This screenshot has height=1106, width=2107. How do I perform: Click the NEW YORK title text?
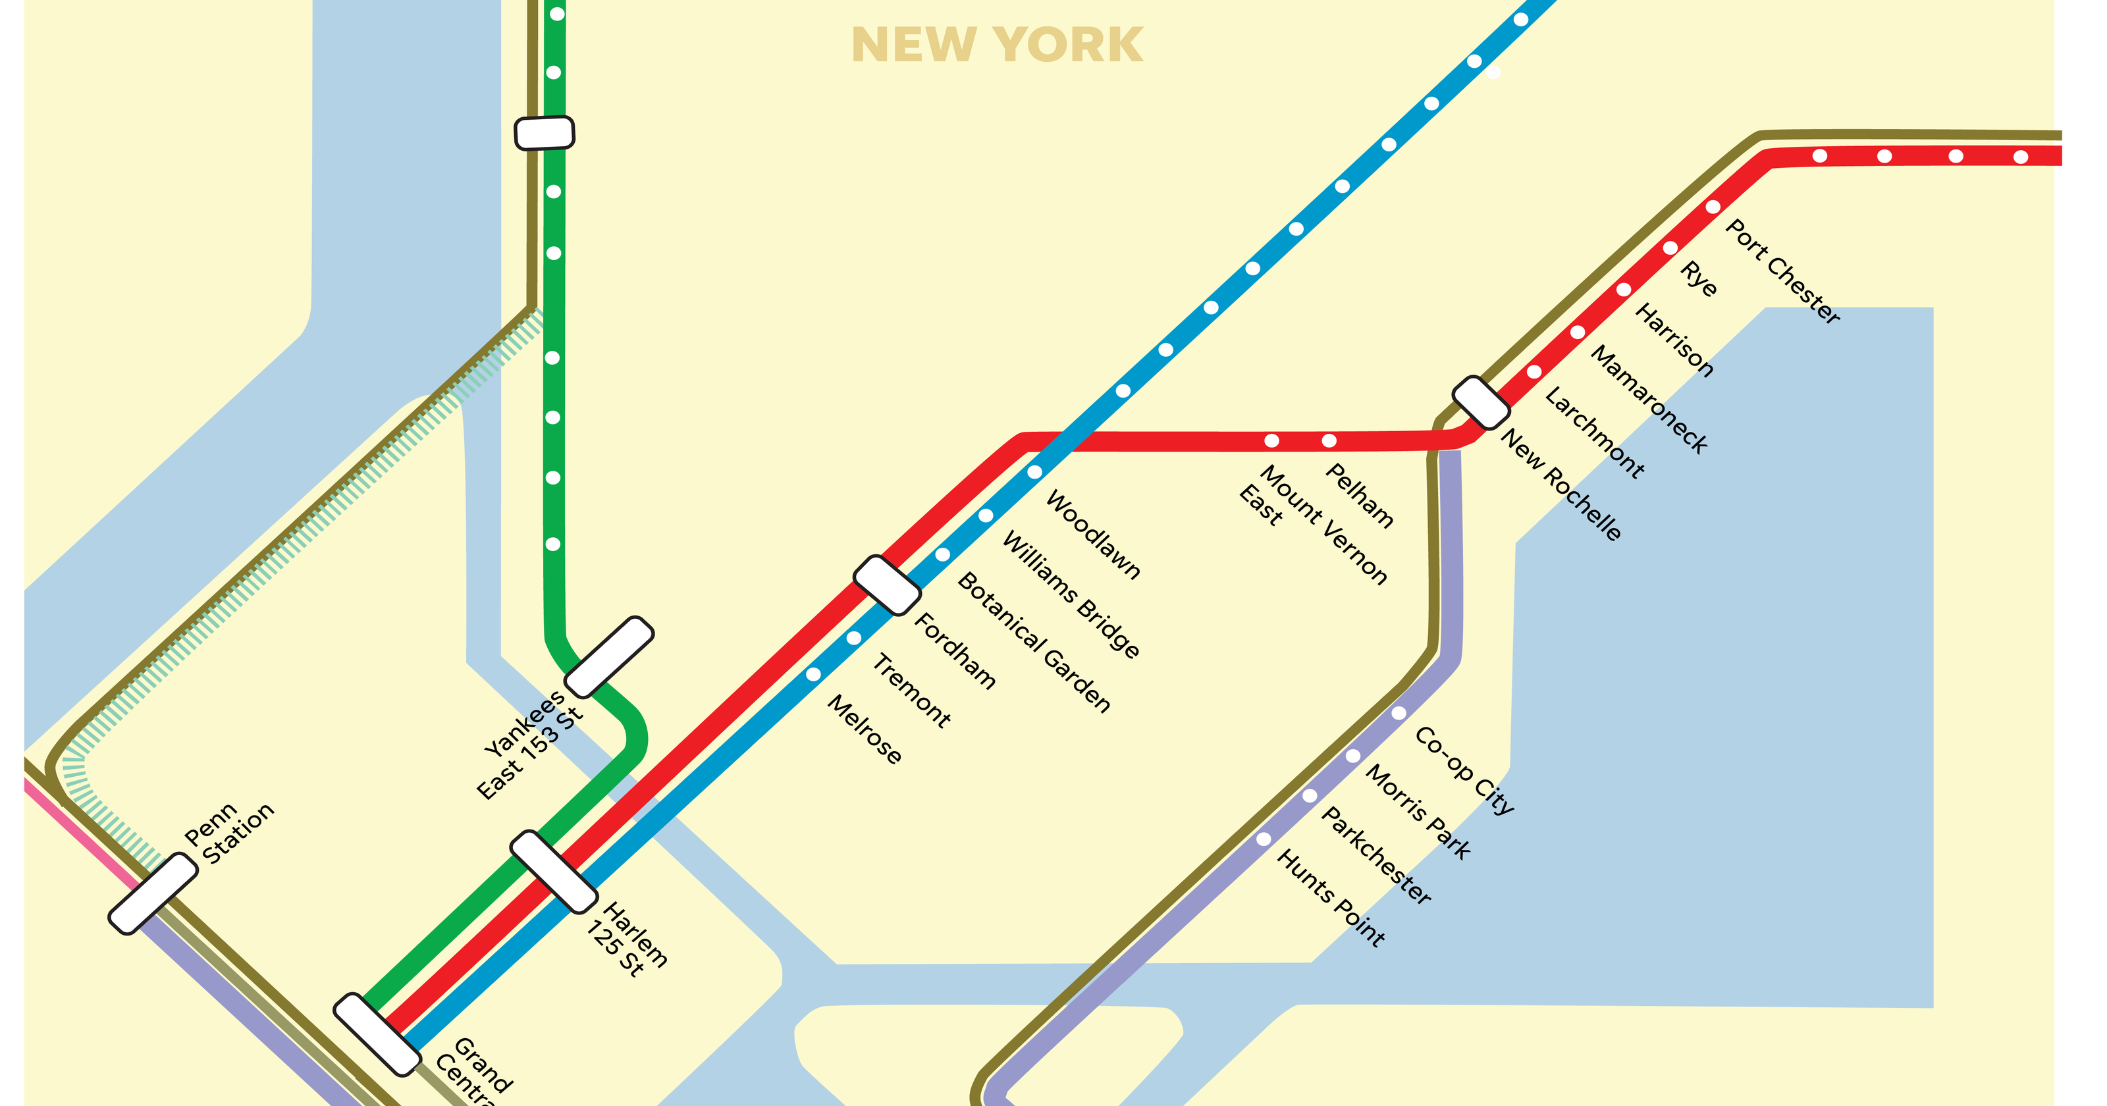(996, 45)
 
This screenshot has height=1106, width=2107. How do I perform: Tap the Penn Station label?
(228, 833)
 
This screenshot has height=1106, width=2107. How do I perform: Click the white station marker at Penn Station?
(153, 893)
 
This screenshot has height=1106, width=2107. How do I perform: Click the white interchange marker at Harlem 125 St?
(554, 871)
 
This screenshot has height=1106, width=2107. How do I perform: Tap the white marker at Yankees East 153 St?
(609, 657)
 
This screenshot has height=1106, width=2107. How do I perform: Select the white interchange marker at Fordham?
(887, 585)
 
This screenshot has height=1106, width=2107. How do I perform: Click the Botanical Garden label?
(1034, 642)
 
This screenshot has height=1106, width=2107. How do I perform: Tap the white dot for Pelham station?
(1329, 441)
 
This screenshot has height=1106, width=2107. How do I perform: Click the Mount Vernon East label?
(1313, 523)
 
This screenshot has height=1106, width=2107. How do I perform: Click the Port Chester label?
(1782, 272)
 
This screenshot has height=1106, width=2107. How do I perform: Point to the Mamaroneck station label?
(1649, 399)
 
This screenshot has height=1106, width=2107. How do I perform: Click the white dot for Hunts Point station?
(1264, 839)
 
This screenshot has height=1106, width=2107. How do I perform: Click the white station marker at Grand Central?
(377, 1034)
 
